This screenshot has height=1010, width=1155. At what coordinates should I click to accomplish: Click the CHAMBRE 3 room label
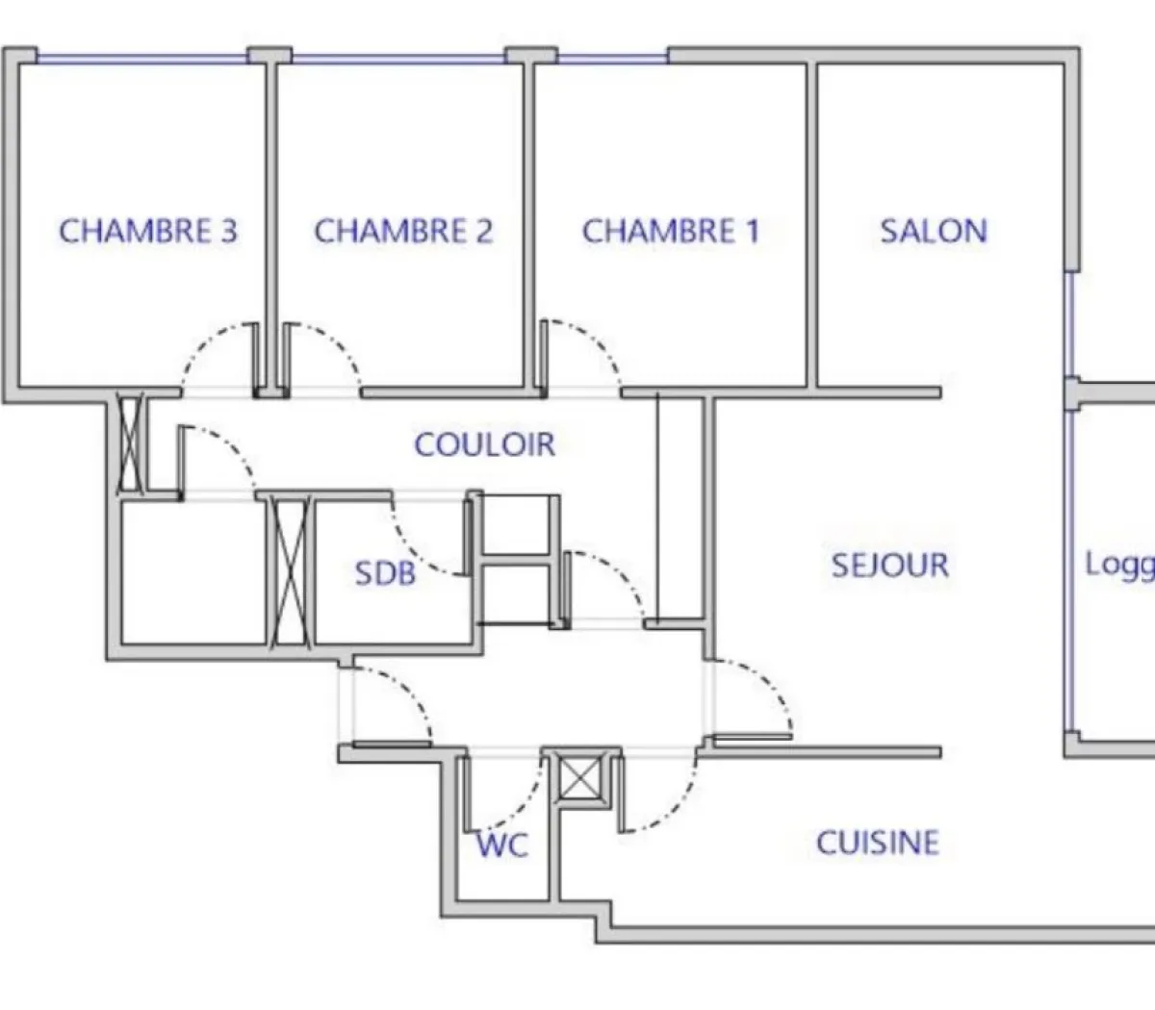point(148,232)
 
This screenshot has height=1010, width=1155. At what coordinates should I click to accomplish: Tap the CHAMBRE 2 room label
point(403,232)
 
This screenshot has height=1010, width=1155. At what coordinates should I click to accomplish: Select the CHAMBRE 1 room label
point(671,232)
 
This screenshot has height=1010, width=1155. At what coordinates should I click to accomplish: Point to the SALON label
point(934,232)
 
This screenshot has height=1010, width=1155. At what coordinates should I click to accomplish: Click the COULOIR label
point(485,444)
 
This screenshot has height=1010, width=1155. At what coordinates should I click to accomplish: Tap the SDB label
point(385,573)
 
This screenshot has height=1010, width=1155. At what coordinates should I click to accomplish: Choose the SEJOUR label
point(890,565)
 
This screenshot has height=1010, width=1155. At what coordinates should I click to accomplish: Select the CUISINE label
point(878,844)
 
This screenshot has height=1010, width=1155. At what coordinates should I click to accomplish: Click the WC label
point(503,846)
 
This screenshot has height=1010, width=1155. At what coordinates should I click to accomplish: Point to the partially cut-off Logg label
point(1119,565)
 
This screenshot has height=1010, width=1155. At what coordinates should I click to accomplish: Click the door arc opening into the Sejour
point(770,683)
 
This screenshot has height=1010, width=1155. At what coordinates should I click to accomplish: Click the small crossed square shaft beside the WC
point(580,778)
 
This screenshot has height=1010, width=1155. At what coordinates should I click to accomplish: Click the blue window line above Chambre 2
point(398,59)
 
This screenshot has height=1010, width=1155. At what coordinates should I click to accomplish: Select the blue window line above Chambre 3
point(142,59)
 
